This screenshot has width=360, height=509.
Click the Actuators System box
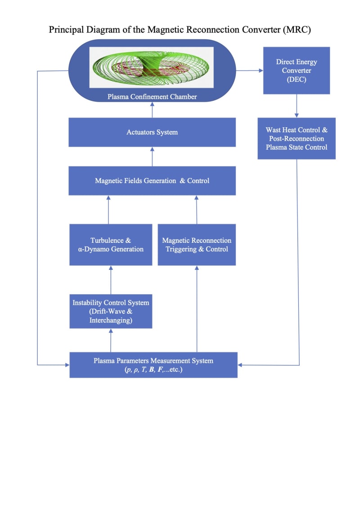[x=152, y=132]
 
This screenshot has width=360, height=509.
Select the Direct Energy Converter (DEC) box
[x=296, y=71]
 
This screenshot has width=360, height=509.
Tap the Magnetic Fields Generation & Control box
[x=152, y=181]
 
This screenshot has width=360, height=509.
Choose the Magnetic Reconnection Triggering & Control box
[x=197, y=245]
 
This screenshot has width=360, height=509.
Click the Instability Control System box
[x=111, y=311]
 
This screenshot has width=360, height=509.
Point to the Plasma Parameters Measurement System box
[x=153, y=365]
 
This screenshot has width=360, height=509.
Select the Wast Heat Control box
[x=297, y=138]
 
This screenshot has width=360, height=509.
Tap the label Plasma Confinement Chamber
[x=152, y=97]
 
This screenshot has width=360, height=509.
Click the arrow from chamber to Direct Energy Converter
[x=250, y=71]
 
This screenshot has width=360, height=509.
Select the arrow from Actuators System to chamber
[x=152, y=110]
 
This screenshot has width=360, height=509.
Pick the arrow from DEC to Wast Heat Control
[x=296, y=106]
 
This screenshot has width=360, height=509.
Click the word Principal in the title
[x=64, y=30]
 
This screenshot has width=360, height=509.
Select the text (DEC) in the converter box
[x=296, y=80]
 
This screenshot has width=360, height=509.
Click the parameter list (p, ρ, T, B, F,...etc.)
[x=153, y=369]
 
